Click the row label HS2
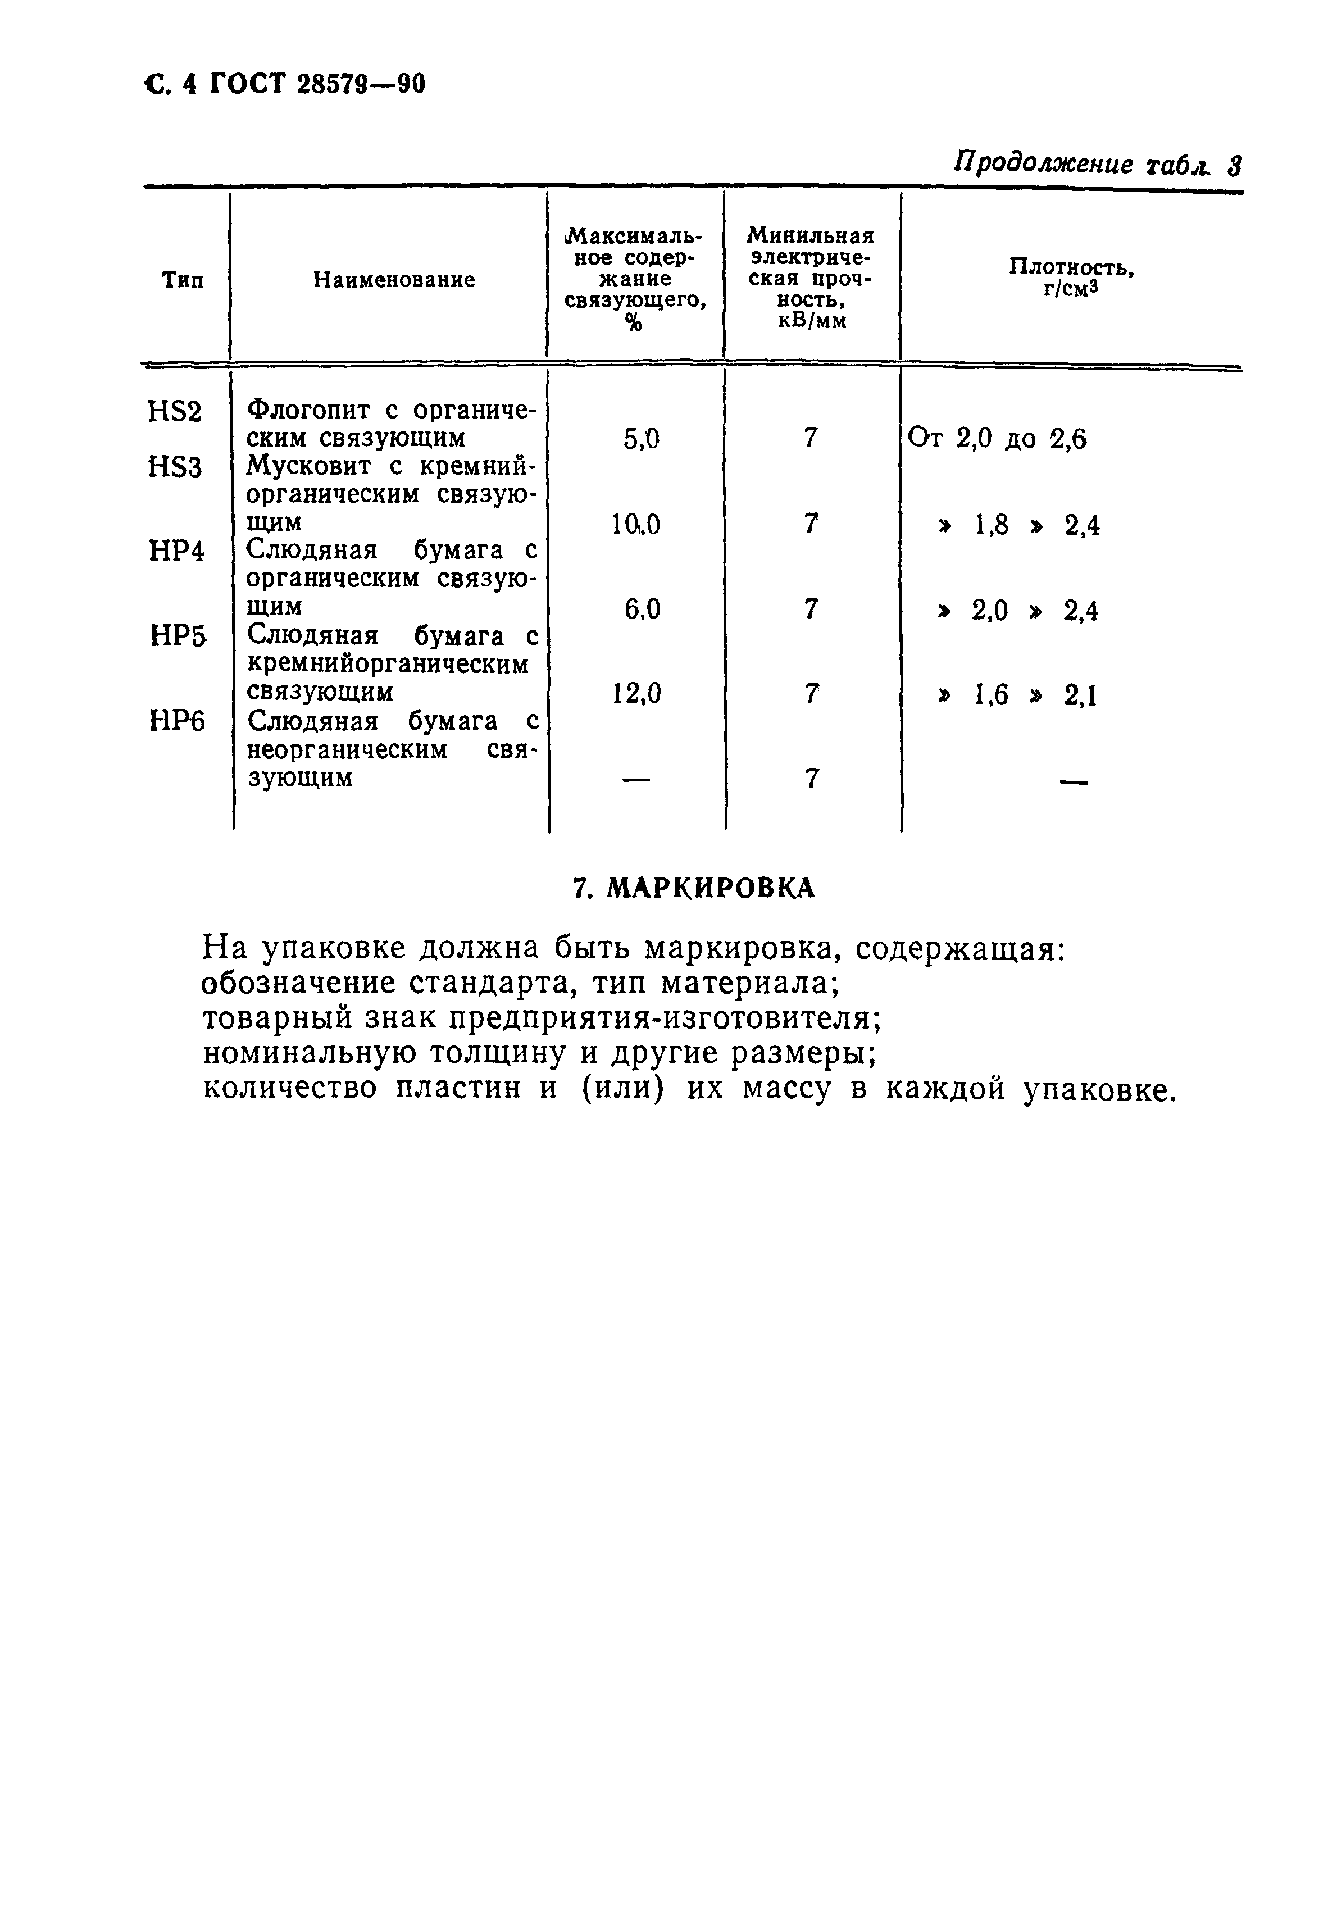coord(175,412)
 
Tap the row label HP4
coord(176,551)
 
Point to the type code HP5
coord(177,638)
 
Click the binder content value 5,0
coord(641,439)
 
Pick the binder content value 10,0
coord(636,524)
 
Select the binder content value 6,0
coord(642,610)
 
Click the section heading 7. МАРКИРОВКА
coord(694,889)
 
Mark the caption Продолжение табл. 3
coord(1097,165)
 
